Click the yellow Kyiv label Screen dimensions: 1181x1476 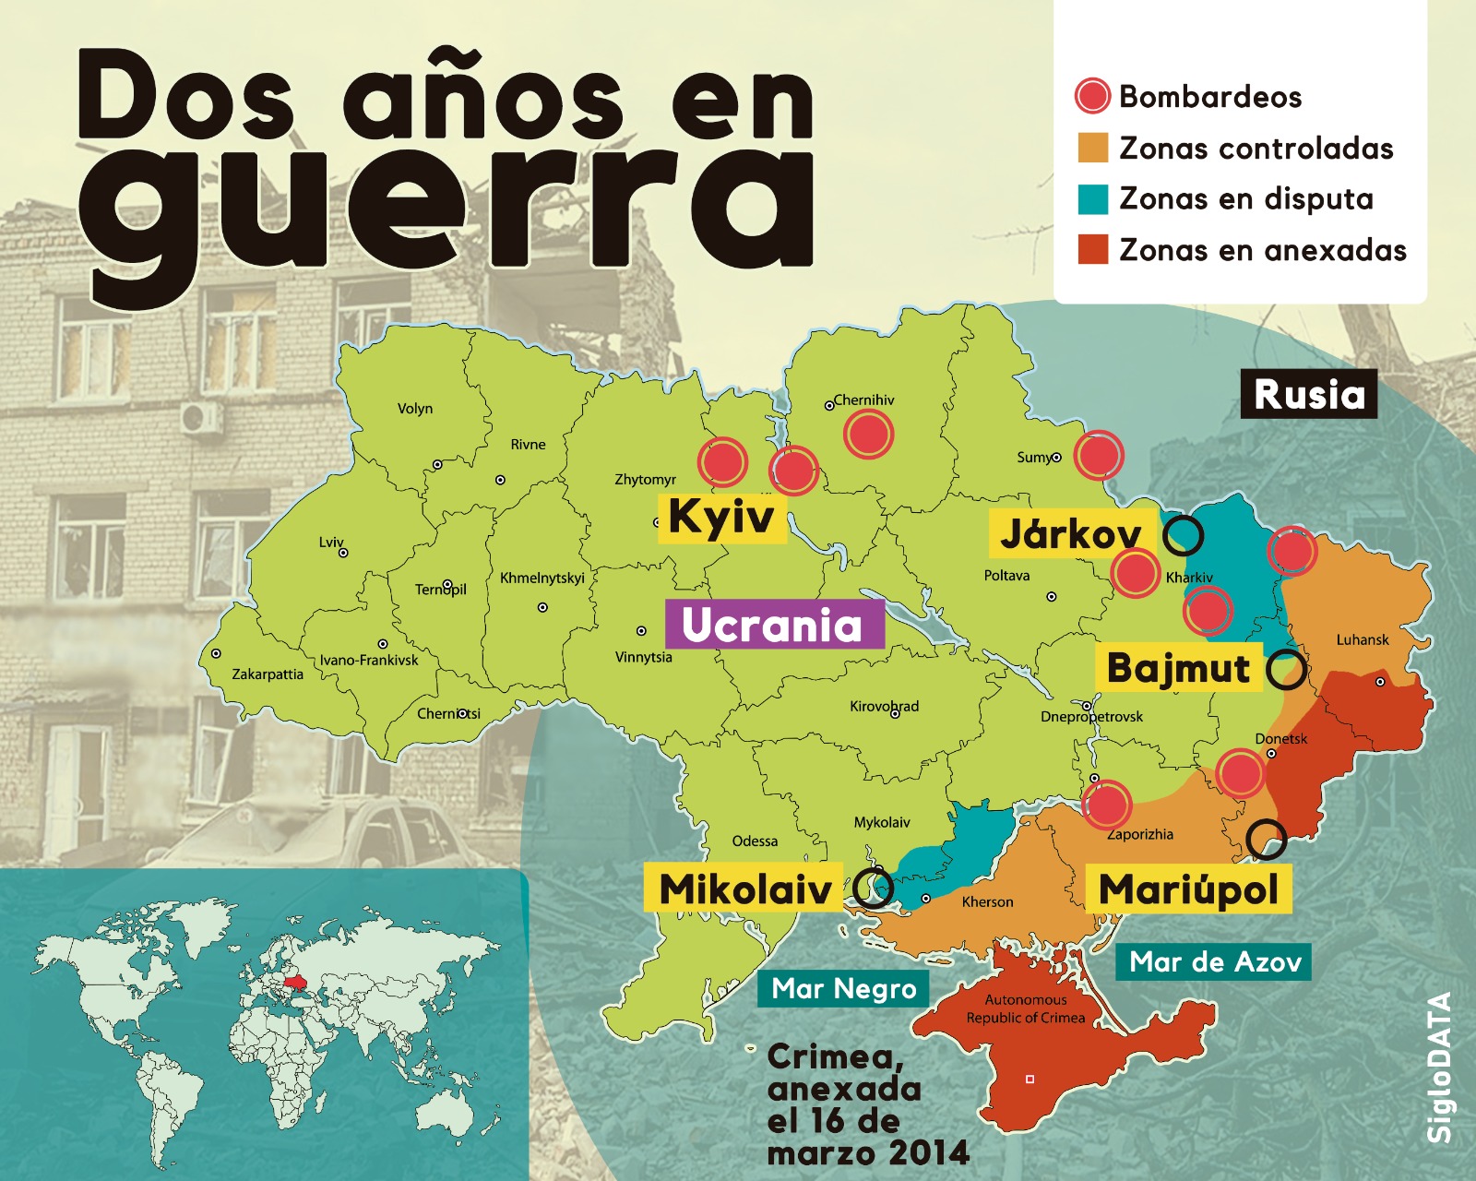click(x=721, y=517)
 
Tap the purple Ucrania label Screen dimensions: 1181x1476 click(x=773, y=625)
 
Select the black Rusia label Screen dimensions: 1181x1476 click(x=1308, y=394)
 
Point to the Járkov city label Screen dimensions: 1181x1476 click(x=1071, y=534)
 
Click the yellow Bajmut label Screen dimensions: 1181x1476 click(x=1178, y=668)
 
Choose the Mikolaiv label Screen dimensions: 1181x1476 click(x=745, y=889)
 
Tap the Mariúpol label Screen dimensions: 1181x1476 click(x=1188, y=889)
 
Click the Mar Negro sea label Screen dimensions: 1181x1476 click(x=844, y=989)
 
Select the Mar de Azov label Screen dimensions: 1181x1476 click(x=1215, y=962)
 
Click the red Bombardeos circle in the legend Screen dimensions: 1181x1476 click(x=1092, y=96)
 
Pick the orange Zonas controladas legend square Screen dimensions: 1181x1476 click(x=1092, y=148)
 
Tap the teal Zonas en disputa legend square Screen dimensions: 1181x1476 click(x=1092, y=199)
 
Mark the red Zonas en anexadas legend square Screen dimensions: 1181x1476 click(x=1092, y=250)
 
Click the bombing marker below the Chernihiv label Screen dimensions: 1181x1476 click(x=868, y=434)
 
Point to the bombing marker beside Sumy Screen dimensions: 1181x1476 click(x=1099, y=455)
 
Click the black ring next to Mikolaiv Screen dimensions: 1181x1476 click(x=873, y=888)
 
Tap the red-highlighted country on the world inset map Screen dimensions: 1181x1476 click(x=298, y=982)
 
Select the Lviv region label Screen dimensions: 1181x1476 click(x=331, y=543)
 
